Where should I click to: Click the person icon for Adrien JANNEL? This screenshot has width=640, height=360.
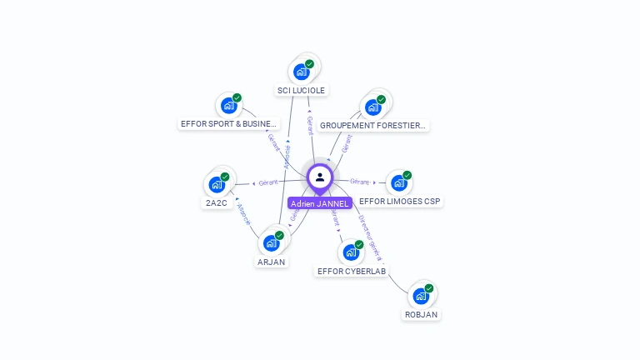[x=320, y=177]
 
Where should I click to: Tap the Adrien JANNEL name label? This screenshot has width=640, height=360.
[x=320, y=203]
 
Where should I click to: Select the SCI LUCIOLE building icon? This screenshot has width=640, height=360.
[x=302, y=72]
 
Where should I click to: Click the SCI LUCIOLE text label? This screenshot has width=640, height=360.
[x=302, y=90]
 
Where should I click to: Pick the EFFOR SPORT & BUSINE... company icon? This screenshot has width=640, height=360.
[x=229, y=106]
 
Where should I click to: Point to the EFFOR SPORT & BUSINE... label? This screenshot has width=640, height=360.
[x=228, y=124]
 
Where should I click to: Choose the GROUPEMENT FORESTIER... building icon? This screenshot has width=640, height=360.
[x=373, y=107]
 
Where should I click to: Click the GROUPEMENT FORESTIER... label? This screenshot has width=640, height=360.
[x=373, y=126]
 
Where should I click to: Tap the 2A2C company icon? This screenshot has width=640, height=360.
[x=217, y=184]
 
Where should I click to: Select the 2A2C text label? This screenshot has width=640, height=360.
[x=217, y=202]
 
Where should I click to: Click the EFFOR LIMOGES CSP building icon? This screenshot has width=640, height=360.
[x=399, y=183]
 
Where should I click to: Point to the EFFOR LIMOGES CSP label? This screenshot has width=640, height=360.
[x=401, y=202]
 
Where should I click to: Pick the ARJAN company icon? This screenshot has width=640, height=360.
[x=271, y=242]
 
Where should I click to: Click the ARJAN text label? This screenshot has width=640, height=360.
[x=271, y=262]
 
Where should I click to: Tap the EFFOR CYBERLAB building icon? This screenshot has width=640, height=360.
[x=351, y=252]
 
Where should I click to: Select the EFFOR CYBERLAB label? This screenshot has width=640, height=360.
[x=352, y=271]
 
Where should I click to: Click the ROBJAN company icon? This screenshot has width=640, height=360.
[x=421, y=296]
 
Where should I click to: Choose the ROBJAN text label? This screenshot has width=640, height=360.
[x=421, y=315]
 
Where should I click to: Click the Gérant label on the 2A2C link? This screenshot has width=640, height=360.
[x=268, y=182]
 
